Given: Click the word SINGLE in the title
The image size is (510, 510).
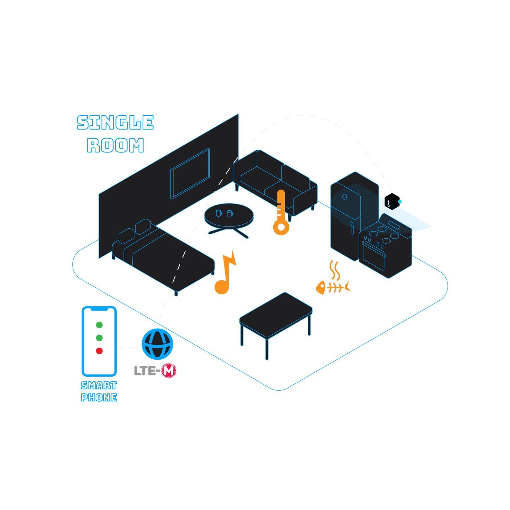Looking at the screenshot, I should tap(115, 122).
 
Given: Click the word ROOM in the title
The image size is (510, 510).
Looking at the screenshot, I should tap(115, 145).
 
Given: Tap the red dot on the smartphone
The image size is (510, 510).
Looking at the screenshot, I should tap(99, 351).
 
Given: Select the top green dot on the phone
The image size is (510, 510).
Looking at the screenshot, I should tap(99, 325).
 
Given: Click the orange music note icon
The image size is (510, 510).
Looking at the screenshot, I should tap(225, 274).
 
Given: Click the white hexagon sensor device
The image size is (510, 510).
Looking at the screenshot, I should tap(392, 201).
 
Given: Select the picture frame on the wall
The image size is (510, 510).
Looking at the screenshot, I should tap(190, 173).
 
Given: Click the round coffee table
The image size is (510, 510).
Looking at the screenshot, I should tap(229, 215).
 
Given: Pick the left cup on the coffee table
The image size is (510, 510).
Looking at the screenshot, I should tap(219, 213).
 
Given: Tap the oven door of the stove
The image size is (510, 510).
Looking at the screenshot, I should tap(373, 255).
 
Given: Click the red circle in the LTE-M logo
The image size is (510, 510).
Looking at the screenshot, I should tap(169, 371).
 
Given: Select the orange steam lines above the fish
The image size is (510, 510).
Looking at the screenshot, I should tap(334, 270).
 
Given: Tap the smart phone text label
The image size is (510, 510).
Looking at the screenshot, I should tap(99, 391).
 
